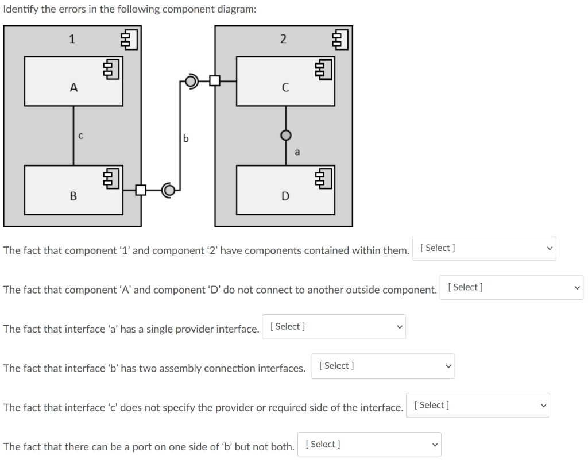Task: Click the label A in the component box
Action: pyautogui.click(x=73, y=87)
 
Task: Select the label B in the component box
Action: pyautogui.click(x=73, y=196)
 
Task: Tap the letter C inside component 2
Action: pyautogui.click(x=285, y=87)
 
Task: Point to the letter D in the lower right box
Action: pyautogui.click(x=285, y=196)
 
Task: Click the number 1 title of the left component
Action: pyautogui.click(x=72, y=39)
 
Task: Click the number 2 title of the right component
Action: pyautogui.click(x=283, y=39)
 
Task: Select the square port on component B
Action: pyautogui.click(x=140, y=190)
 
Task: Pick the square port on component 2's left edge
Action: pyautogui.click(x=215, y=81)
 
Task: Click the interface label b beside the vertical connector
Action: pyautogui.click(x=185, y=138)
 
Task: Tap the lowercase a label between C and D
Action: pyautogui.click(x=296, y=152)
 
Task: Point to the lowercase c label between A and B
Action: pyautogui.click(x=80, y=136)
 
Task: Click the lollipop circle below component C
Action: pyautogui.click(x=286, y=135)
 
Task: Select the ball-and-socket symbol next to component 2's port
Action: pyautogui.click(x=192, y=81)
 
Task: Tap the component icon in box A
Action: pyautogui.click(x=110, y=69)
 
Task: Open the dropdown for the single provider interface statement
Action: pyautogui.click(x=334, y=327)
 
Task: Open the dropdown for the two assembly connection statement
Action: pyautogui.click(x=382, y=366)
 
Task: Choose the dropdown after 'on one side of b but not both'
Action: pyautogui.click(x=369, y=445)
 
